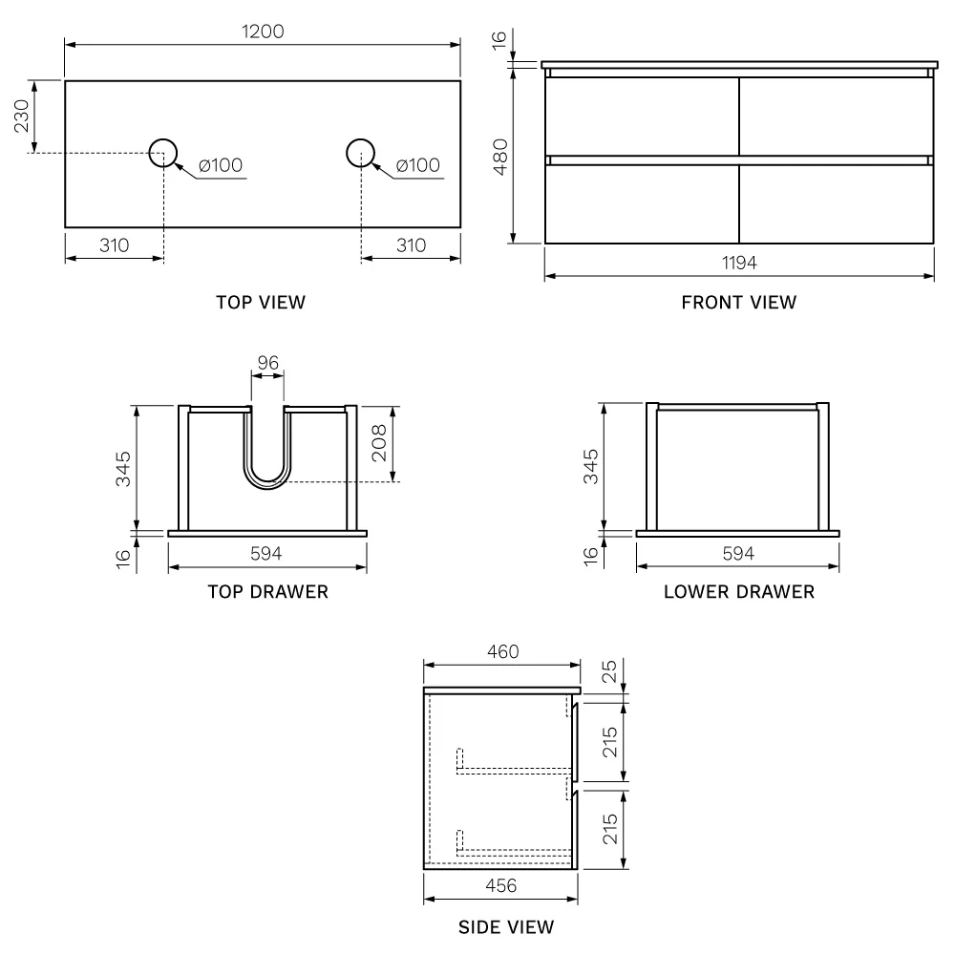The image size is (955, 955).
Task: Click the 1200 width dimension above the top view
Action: point(263,32)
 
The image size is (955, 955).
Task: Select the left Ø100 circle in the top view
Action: point(163,139)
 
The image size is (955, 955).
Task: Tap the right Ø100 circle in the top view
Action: point(360,139)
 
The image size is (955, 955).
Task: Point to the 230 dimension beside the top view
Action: point(21,116)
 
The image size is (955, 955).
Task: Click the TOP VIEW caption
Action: point(261,302)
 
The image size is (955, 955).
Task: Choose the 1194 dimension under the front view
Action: point(739,264)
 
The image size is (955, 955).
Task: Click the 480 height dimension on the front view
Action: point(500,157)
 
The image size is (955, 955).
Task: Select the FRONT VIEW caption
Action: point(739,302)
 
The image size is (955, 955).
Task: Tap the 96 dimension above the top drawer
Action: point(268,363)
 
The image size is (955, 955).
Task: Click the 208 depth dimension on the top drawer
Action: point(378,443)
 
